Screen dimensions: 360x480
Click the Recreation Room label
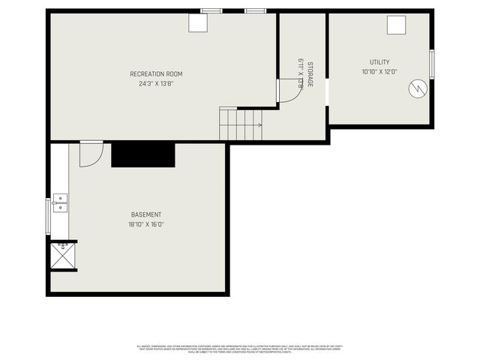coord(156,73)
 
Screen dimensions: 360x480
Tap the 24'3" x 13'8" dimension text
coord(156,83)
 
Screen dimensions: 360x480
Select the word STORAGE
coord(309,74)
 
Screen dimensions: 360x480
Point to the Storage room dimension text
coord(300,74)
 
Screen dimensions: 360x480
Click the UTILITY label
coord(379,62)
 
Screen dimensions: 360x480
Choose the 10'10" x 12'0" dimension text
coord(379,72)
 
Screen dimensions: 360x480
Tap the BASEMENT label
coord(145,214)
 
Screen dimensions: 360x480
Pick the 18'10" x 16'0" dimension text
coord(145,224)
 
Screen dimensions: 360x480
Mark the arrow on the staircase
coord(258,124)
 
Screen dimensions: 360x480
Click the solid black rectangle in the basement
coord(142,154)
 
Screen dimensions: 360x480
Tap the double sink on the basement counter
coord(60,203)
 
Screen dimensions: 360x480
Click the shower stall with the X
coord(62,256)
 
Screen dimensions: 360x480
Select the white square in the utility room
coord(396,25)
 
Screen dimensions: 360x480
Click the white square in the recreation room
coord(198,23)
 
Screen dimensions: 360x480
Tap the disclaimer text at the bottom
coord(240,348)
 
